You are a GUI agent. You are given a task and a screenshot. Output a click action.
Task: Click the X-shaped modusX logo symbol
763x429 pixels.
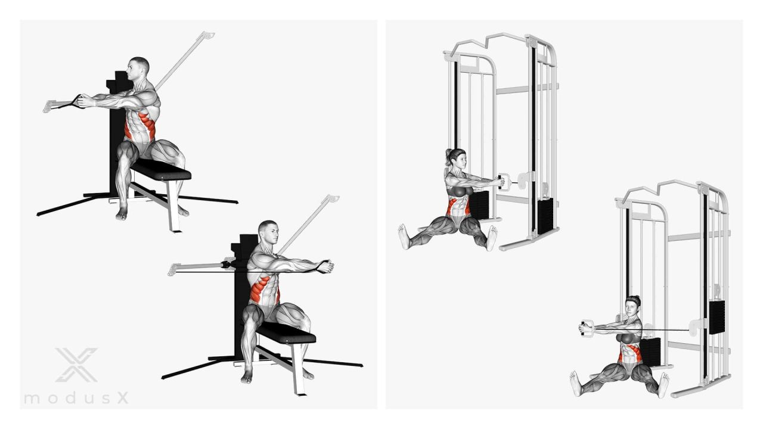(77, 365)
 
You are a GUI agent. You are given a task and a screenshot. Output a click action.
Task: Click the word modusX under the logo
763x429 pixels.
(76, 397)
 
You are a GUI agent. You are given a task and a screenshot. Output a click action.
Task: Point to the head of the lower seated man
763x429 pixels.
(269, 232)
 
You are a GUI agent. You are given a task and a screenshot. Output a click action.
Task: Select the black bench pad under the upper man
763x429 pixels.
(161, 170)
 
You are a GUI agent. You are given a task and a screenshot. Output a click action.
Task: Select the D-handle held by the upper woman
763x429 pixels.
(504, 182)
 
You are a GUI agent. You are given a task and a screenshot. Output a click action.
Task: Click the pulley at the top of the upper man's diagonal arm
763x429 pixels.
(207, 35)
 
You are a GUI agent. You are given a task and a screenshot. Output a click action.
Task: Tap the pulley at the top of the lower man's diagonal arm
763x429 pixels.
(332, 198)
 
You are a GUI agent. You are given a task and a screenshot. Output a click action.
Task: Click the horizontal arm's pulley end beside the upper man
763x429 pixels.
(49, 106)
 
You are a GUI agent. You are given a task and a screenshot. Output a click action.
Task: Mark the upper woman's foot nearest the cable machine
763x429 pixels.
(492, 238)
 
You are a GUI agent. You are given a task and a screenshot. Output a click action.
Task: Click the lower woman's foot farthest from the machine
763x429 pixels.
(575, 383)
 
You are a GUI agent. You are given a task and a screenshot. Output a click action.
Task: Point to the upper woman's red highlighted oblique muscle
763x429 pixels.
(452, 207)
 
